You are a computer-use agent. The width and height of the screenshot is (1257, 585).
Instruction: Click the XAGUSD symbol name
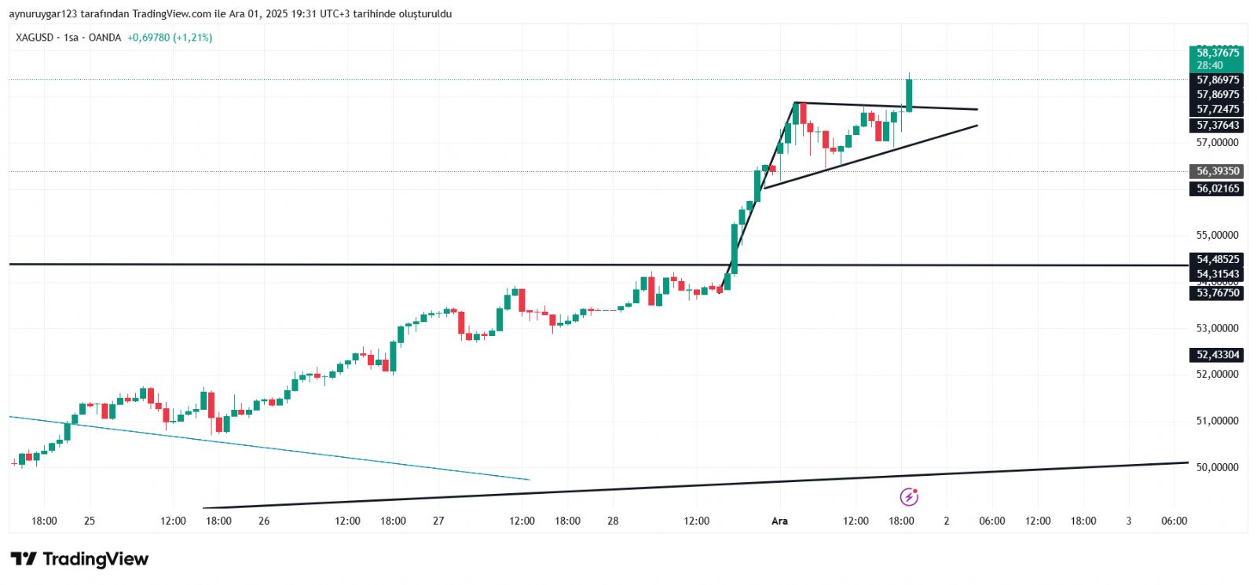click(x=35, y=38)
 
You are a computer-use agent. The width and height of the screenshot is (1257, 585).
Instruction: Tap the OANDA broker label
click(x=104, y=38)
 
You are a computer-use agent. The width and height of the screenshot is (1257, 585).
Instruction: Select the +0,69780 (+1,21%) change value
click(x=170, y=38)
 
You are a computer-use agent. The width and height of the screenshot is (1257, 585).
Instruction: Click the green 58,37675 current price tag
click(x=1217, y=53)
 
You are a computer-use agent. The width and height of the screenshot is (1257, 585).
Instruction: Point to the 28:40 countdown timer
click(x=1210, y=65)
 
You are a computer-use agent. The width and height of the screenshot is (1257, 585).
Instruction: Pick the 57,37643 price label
click(x=1217, y=125)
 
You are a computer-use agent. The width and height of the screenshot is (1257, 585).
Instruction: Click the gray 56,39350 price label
click(x=1217, y=171)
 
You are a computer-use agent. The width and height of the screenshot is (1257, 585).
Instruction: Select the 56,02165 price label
click(x=1217, y=188)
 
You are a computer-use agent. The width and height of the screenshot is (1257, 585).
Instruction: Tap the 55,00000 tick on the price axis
click(x=1217, y=235)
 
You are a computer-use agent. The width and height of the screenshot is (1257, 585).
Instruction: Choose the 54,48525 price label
click(x=1217, y=259)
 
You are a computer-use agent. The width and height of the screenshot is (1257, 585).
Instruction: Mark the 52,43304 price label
click(x=1217, y=355)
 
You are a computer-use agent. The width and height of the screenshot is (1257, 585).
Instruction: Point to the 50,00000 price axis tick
click(x=1217, y=467)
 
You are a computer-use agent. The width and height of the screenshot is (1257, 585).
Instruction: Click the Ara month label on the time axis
click(x=779, y=521)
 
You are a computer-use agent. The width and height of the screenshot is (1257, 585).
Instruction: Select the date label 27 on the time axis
click(x=438, y=521)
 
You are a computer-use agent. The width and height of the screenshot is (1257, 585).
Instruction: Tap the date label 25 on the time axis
click(x=90, y=521)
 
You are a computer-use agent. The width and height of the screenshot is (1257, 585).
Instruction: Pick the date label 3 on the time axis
click(x=1129, y=521)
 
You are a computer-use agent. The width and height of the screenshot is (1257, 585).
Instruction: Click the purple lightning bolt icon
click(x=909, y=497)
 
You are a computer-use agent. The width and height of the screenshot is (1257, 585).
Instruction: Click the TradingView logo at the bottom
click(x=79, y=559)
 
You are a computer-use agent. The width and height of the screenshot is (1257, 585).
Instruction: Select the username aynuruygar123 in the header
click(x=43, y=14)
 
